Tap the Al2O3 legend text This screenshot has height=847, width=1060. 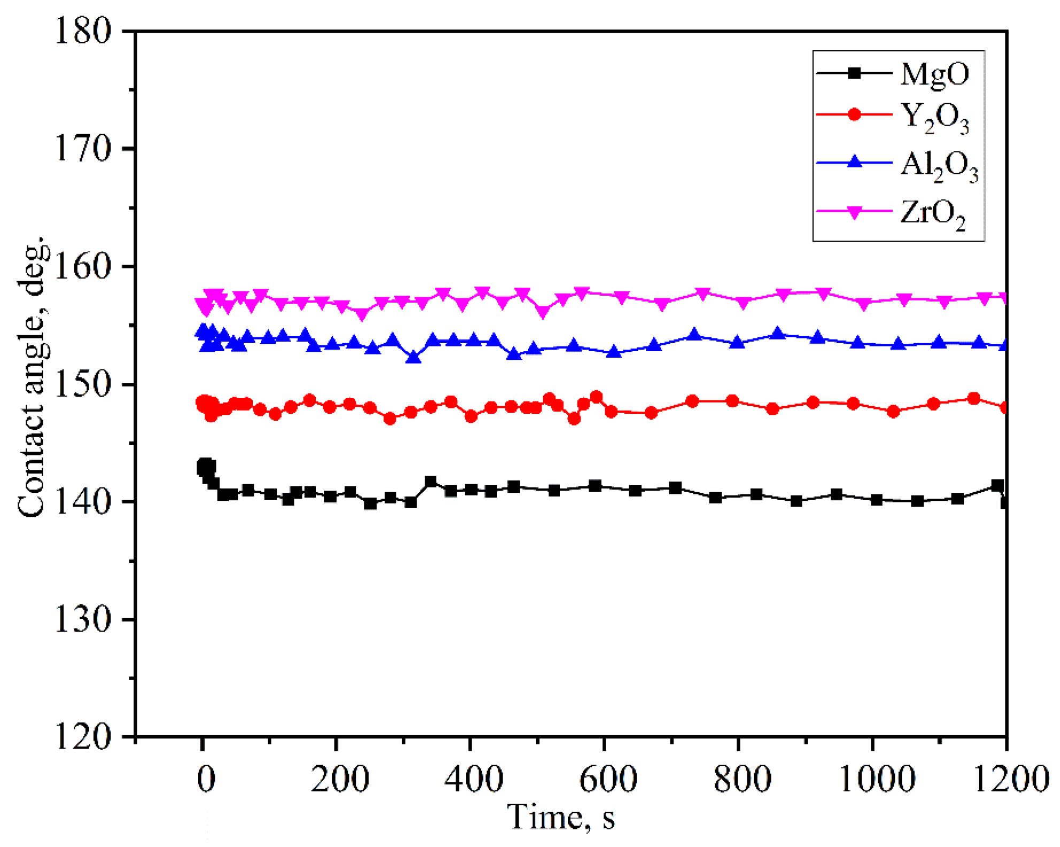(x=938, y=166)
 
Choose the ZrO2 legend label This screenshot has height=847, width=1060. (x=933, y=214)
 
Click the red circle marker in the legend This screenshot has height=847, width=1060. (x=854, y=114)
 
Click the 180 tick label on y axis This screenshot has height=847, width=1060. (x=83, y=31)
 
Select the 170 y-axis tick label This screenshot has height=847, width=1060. (x=83, y=149)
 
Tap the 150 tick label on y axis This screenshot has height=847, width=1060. (x=83, y=384)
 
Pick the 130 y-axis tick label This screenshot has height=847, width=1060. (x=83, y=619)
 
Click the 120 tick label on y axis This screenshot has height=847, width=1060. (x=83, y=737)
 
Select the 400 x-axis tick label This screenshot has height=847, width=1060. (x=474, y=779)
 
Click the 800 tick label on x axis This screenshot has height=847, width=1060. (x=742, y=779)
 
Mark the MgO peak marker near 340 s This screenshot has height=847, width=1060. (x=431, y=481)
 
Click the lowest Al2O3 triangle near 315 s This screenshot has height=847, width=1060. (x=413, y=357)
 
